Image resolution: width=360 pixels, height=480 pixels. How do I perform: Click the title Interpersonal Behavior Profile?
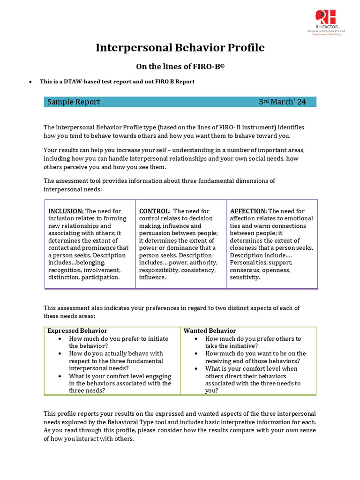point(180,48)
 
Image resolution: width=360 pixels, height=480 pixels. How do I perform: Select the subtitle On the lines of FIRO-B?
point(180,67)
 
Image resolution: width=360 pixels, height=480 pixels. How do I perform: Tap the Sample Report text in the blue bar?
point(74,102)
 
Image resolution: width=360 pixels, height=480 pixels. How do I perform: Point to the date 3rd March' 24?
point(282,102)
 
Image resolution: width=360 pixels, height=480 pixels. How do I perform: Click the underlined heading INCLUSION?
point(66,211)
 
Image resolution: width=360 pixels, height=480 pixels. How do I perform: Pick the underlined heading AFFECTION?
point(248,211)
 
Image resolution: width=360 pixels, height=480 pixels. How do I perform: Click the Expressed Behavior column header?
point(77,331)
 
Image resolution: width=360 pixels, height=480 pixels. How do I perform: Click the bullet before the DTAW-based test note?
point(30,82)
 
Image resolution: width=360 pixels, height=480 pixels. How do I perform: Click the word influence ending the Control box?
point(152,277)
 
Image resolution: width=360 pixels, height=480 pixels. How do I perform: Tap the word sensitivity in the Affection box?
point(245,277)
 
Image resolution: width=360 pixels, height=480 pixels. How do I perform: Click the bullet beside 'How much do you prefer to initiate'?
point(61,339)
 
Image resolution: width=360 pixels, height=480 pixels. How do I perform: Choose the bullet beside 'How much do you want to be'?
point(197,354)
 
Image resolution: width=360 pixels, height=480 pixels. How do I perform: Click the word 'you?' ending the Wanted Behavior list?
point(211,391)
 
